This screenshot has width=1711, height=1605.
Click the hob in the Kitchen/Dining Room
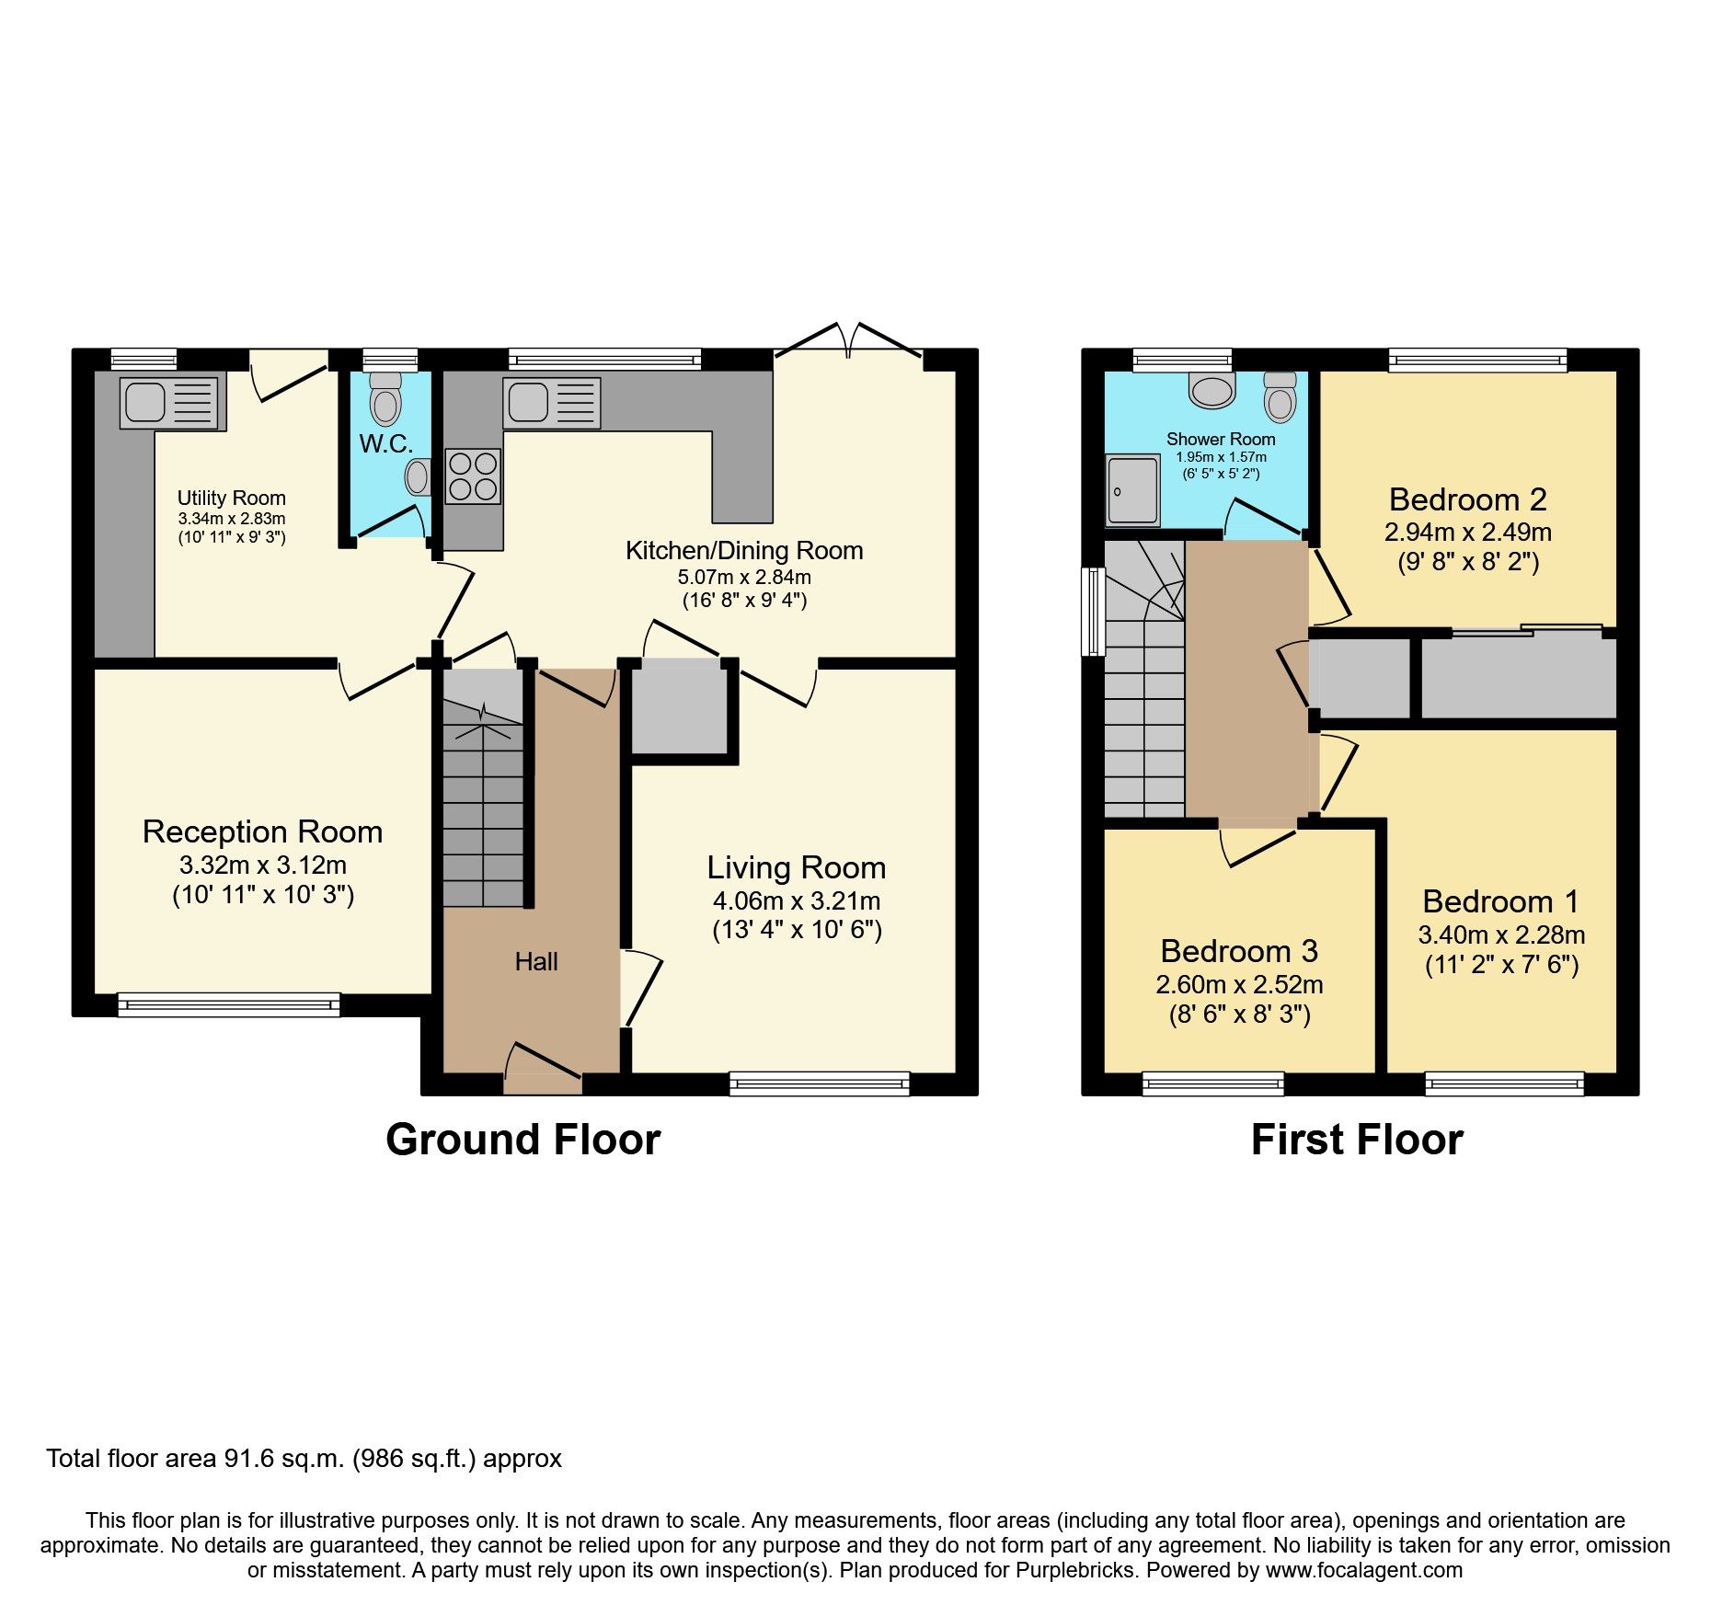474,476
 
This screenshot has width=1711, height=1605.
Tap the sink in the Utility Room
172,402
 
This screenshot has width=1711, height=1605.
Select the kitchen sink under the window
551,403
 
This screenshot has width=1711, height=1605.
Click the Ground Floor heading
522,1140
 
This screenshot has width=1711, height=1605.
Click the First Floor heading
1356,1140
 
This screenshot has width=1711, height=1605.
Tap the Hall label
536,962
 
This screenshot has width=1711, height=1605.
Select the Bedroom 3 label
1238,950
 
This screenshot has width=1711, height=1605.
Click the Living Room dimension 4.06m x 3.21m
796,900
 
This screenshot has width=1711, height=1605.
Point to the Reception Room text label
262,831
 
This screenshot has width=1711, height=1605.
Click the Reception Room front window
229,1004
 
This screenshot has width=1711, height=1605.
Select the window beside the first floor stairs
1094,611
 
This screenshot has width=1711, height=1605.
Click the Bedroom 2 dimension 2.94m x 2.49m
1467,532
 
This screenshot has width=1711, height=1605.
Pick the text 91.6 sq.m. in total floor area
284,1459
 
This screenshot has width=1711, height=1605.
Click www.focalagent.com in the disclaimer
1363,1570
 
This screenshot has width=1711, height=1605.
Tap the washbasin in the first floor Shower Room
1211,390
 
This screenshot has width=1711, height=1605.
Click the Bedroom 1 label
1500,901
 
